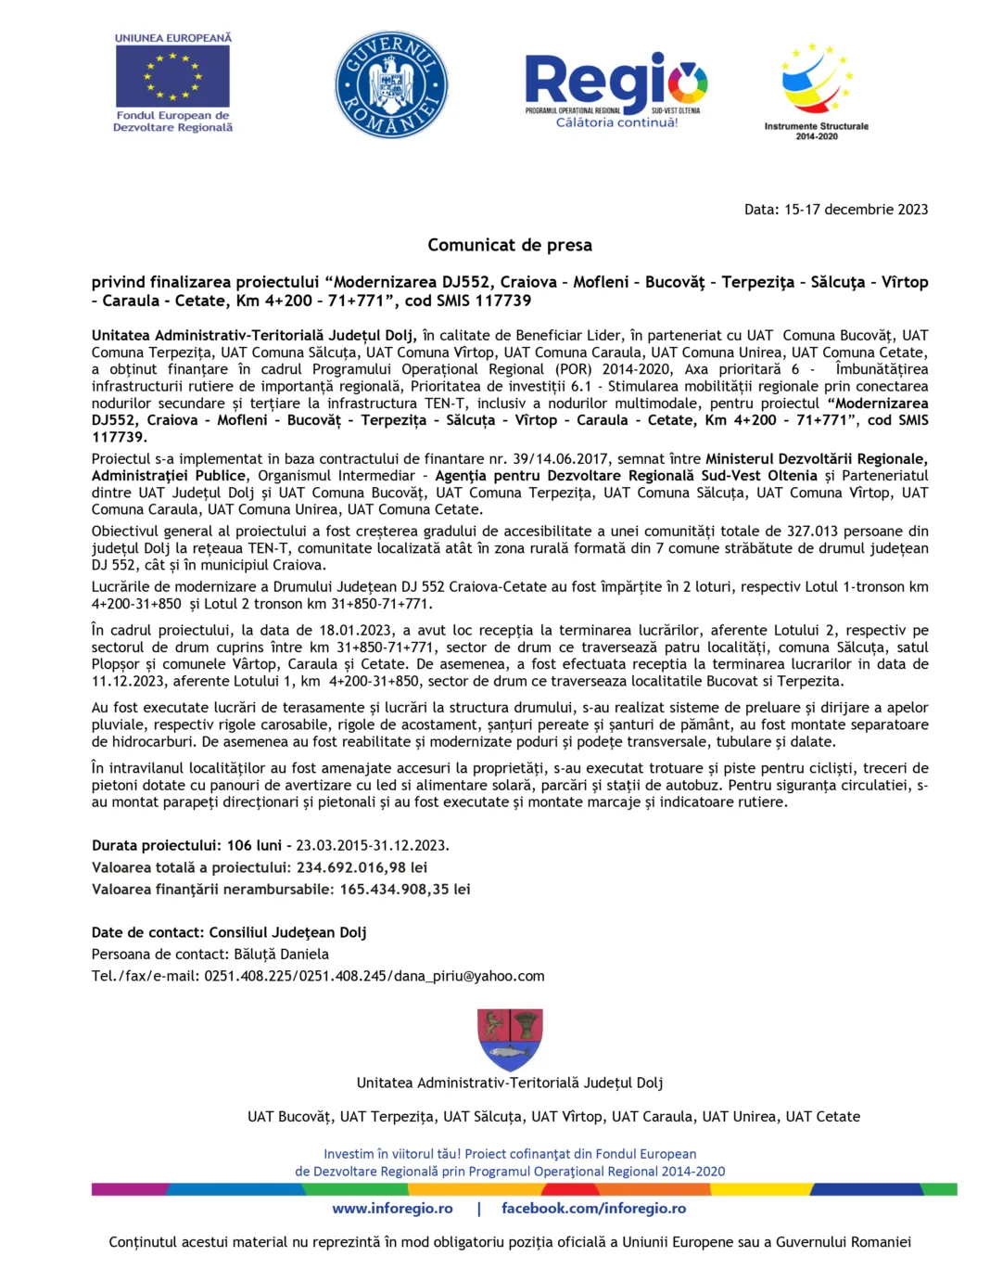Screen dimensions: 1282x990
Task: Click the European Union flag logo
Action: (172, 76)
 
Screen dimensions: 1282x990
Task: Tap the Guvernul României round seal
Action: (391, 85)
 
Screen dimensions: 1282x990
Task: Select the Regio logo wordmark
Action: (616, 80)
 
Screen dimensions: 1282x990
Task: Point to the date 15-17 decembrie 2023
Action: (856, 210)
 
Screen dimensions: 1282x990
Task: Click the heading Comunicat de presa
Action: (509, 245)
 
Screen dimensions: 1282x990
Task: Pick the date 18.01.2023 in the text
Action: (355, 631)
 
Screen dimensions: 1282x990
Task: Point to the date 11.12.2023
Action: (129, 681)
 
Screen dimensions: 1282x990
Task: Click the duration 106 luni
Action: (254, 845)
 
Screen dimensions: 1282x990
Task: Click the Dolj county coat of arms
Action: (510, 1039)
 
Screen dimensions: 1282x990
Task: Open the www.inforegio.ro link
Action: (392, 1208)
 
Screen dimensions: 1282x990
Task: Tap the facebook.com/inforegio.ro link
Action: (593, 1208)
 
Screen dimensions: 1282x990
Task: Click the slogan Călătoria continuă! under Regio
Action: (616, 122)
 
